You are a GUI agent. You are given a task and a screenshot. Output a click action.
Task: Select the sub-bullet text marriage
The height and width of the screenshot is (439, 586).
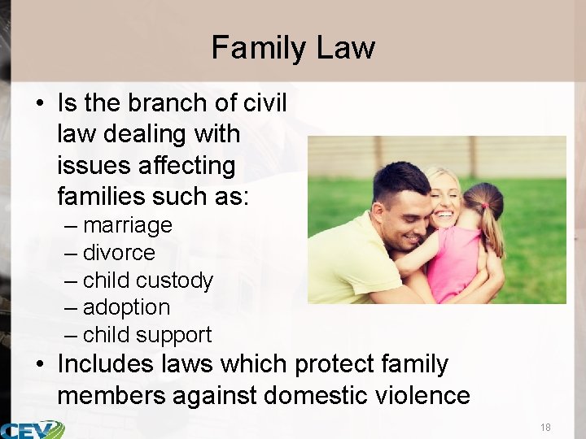point(127,225)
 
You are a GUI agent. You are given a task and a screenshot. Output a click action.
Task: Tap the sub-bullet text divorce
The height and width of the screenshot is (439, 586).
point(119,253)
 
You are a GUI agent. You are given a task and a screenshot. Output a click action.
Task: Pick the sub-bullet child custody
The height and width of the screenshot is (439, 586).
point(147,280)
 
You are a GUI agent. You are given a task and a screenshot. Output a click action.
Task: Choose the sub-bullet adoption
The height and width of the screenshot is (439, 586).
point(126,308)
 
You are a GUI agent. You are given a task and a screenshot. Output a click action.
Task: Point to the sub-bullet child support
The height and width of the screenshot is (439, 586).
point(146,335)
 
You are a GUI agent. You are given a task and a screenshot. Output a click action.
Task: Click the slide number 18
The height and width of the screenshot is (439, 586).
point(545,428)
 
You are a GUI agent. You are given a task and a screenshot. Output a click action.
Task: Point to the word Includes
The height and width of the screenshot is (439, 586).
point(105,364)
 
